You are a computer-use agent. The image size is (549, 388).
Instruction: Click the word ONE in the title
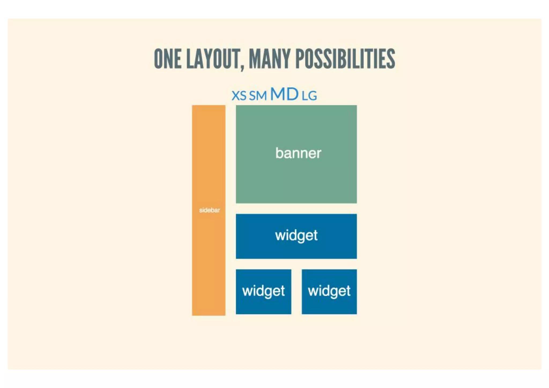click(167, 59)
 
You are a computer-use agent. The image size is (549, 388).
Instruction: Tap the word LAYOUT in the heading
click(213, 59)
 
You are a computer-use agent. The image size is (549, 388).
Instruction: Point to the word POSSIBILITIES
click(345, 59)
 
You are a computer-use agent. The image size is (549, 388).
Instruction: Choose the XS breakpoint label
click(239, 96)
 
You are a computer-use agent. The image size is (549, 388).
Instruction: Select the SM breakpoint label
click(258, 96)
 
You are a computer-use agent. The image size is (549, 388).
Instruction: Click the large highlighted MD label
click(284, 94)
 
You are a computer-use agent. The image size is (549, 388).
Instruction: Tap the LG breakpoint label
click(309, 96)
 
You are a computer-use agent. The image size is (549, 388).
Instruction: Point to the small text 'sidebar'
click(209, 210)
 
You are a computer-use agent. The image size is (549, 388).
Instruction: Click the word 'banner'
click(298, 153)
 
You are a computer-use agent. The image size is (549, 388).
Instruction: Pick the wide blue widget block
click(296, 249)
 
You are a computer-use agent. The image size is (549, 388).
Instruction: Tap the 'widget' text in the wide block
click(296, 236)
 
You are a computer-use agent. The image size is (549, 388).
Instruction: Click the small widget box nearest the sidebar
click(264, 303)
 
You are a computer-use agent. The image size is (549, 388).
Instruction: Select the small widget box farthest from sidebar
click(329, 303)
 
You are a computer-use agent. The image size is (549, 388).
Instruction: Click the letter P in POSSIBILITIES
click(300, 59)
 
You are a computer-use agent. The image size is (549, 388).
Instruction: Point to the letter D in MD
click(291, 94)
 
